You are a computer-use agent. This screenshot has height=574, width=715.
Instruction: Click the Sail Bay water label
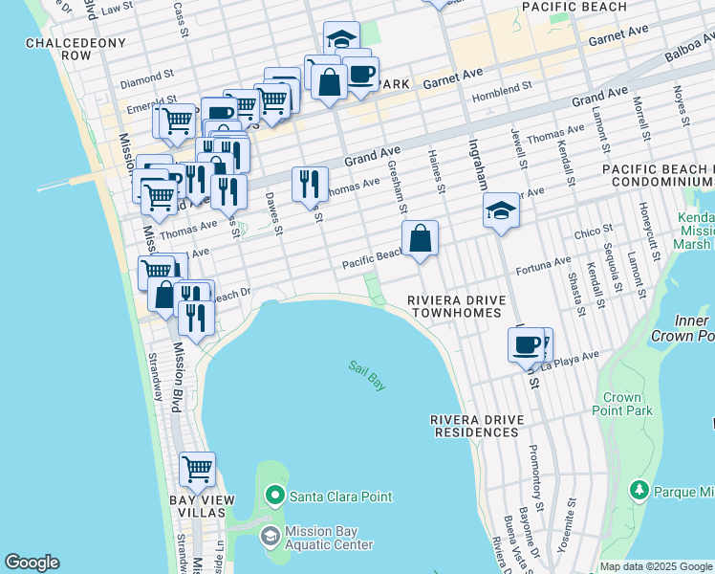pyautogui.click(x=367, y=374)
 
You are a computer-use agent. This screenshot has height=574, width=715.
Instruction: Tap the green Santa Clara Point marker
pyautogui.click(x=275, y=495)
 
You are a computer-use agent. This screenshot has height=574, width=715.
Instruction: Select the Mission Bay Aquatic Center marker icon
pyautogui.click(x=271, y=537)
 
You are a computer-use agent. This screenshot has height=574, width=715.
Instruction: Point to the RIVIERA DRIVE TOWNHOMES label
pyautogui.click(x=454, y=306)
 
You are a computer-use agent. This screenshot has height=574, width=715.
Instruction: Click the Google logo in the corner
pyautogui.click(x=32, y=563)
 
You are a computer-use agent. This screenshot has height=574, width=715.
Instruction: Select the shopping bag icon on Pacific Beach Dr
pyautogui.click(x=420, y=238)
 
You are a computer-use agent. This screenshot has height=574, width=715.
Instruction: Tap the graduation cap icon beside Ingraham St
pyautogui.click(x=501, y=210)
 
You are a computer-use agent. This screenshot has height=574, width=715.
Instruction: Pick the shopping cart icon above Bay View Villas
pyautogui.click(x=197, y=470)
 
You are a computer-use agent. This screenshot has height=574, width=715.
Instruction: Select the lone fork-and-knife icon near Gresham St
pyautogui.click(x=310, y=184)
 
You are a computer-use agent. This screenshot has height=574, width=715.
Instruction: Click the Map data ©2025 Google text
pyautogui.click(x=656, y=566)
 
